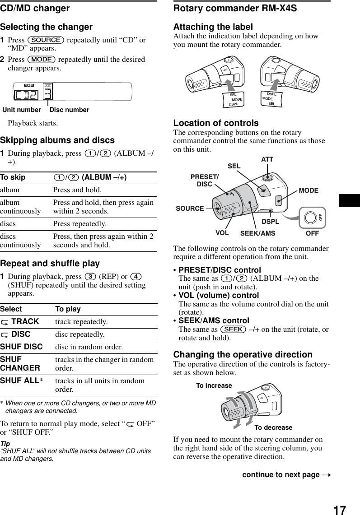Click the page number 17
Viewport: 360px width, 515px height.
click(340, 498)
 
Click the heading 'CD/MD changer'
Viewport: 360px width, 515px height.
click(35, 8)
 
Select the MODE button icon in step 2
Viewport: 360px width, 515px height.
click(41, 60)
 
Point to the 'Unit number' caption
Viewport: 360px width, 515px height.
click(22, 110)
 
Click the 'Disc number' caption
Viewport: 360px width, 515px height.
click(69, 110)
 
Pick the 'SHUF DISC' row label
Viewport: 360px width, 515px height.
click(21, 347)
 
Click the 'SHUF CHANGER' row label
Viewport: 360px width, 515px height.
click(20, 364)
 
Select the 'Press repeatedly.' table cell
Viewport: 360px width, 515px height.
click(79, 224)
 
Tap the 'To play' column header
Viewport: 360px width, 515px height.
click(68, 309)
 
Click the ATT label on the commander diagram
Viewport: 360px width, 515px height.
click(267, 160)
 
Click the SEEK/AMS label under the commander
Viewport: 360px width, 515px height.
click(257, 233)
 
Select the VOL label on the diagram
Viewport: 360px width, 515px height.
click(221, 233)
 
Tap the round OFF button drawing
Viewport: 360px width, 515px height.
click(310, 218)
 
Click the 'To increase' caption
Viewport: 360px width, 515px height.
click(214, 385)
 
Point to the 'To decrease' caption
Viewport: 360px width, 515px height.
click(273, 427)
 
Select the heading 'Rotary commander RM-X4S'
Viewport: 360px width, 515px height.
click(235, 8)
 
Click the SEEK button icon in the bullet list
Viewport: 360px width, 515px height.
click(234, 329)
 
